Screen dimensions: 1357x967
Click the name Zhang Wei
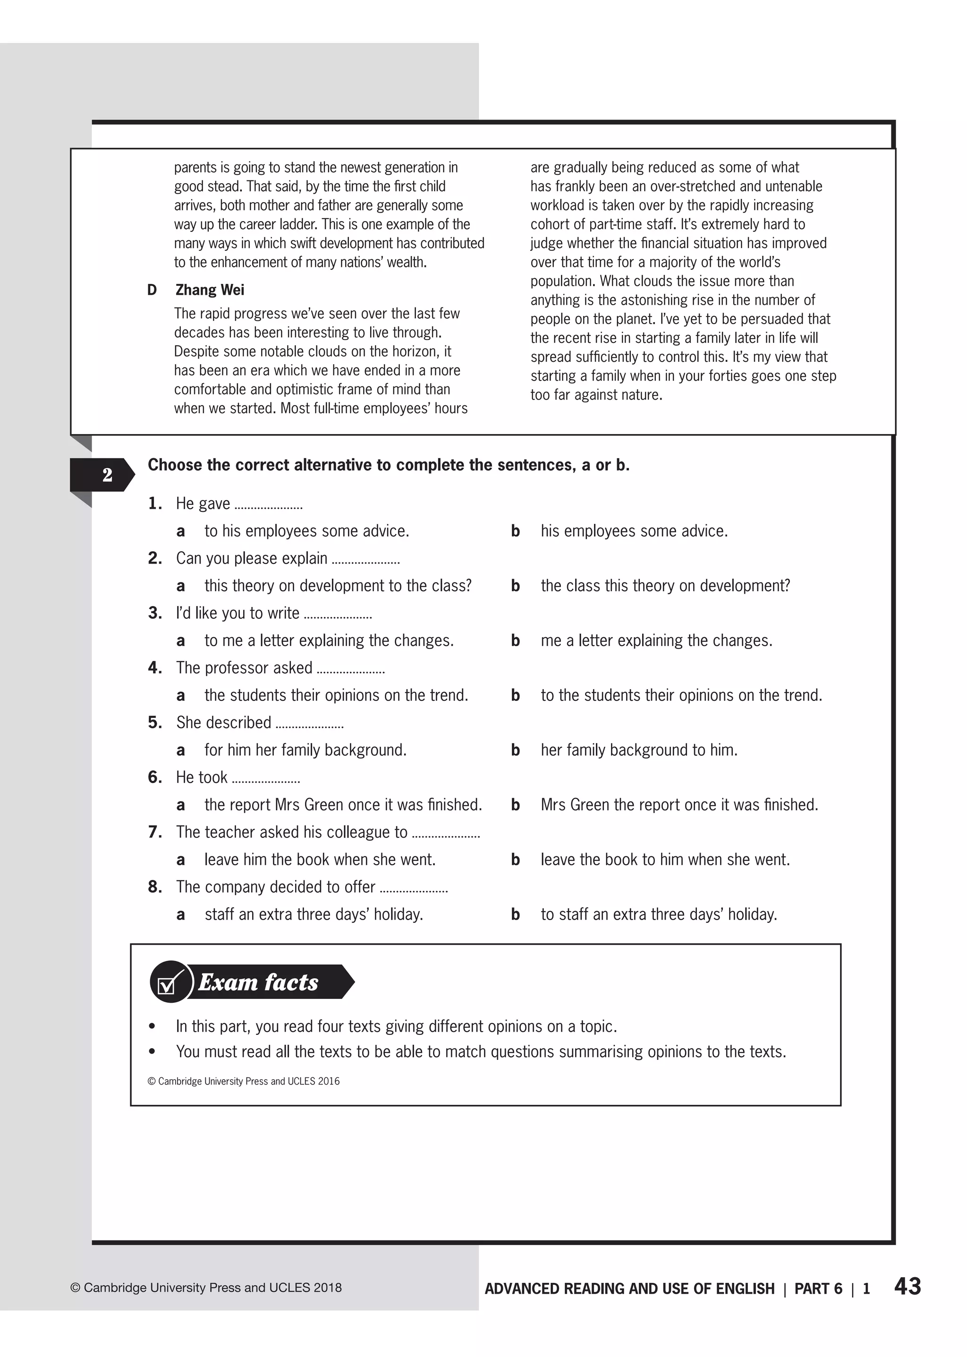tap(210, 290)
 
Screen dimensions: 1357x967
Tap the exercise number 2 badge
tap(107, 475)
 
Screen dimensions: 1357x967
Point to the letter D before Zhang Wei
tap(153, 290)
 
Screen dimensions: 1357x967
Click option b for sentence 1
tap(515, 531)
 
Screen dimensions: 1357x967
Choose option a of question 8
tap(180, 914)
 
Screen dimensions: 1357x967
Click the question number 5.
tap(155, 723)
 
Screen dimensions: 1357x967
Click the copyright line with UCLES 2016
tap(244, 1081)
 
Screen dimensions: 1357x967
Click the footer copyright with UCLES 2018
tap(206, 1288)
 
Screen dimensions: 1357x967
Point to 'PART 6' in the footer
tap(818, 1289)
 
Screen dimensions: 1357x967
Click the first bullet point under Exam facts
tap(153, 1026)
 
